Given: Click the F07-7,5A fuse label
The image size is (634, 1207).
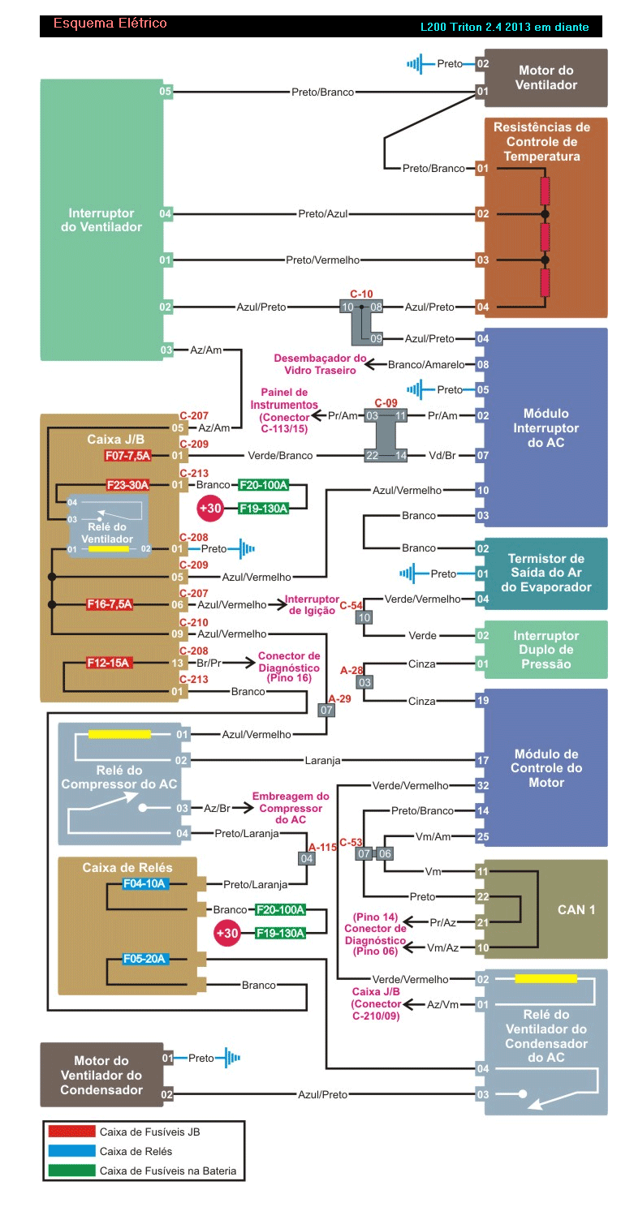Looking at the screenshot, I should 127,456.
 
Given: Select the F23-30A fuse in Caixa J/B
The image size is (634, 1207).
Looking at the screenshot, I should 127,485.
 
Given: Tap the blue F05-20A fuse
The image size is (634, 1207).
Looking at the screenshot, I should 145,959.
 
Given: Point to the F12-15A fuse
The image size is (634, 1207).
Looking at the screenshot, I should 109,663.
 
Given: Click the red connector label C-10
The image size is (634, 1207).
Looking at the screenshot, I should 361,294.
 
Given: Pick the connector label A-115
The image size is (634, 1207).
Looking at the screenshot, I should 322,846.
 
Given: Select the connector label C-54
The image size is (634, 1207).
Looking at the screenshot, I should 351,605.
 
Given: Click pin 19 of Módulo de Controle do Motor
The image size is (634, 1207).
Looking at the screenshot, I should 482,700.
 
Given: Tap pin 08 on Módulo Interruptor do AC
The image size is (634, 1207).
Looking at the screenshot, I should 482,365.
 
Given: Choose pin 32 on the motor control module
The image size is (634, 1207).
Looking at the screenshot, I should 482,785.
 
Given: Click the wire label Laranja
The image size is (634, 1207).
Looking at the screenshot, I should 322,761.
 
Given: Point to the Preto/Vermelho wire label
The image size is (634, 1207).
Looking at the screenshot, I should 322,260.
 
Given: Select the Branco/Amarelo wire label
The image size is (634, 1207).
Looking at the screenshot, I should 426,365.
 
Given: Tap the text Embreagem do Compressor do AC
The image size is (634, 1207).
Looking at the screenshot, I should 290,808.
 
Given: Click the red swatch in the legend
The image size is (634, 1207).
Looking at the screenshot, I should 71,1131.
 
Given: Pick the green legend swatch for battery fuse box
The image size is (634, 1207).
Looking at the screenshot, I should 71,1170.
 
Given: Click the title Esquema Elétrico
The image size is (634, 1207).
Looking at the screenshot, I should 110,24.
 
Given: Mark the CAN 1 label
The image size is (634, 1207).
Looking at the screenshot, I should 576,909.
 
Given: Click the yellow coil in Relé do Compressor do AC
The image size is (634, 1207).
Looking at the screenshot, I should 119,734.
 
